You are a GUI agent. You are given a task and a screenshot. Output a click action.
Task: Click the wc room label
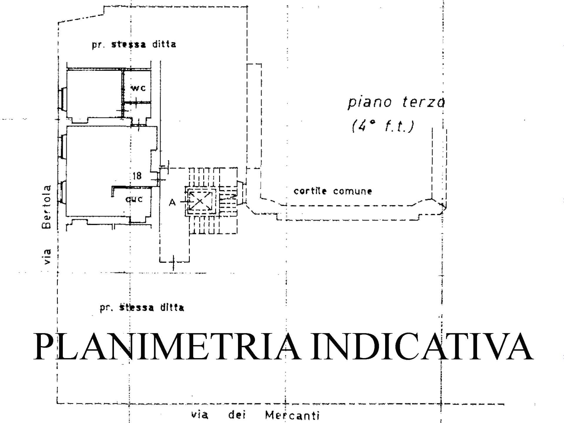(138, 88)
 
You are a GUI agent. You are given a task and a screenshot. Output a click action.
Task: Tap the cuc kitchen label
(134, 199)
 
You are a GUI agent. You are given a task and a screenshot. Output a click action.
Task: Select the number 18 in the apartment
(137, 176)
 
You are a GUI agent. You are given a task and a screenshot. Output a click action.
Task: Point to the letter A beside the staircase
(172, 202)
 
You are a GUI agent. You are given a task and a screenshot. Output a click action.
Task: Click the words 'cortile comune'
(333, 191)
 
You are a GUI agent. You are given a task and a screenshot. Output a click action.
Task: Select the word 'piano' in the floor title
(370, 102)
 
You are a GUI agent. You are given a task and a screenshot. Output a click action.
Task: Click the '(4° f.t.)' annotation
(383, 126)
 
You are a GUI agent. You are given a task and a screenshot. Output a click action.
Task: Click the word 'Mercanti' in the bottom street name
(292, 415)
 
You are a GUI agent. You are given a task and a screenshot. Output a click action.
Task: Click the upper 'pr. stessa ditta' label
(134, 45)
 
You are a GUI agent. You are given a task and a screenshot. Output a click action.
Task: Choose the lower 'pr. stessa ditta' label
(142, 308)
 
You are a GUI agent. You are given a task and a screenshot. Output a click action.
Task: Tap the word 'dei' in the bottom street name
(236, 415)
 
